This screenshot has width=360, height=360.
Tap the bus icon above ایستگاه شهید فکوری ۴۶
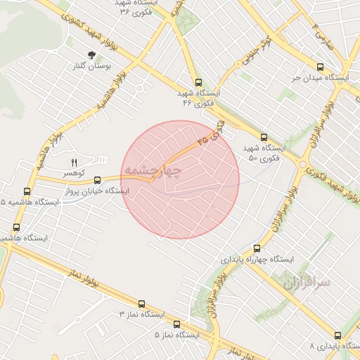point(199,82)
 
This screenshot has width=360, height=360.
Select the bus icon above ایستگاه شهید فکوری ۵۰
point(264,137)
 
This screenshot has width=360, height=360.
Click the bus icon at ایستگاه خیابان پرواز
point(97,179)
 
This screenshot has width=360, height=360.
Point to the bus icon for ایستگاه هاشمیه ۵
point(27,191)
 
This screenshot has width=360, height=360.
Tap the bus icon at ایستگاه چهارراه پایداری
point(256,247)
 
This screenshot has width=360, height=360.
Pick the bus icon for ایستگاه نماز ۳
point(142,304)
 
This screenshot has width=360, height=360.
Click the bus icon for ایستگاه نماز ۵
point(176,324)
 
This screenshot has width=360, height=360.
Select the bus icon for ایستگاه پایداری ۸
point(337,335)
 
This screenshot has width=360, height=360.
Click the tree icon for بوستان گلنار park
point(92,54)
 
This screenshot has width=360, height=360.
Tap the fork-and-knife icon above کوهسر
point(74,162)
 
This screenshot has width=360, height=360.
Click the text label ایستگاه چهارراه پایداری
point(259,259)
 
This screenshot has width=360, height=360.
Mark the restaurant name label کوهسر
point(74,172)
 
